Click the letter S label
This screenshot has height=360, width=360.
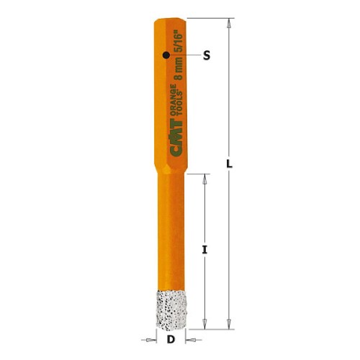point(206,55)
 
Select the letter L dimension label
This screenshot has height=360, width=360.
point(229,163)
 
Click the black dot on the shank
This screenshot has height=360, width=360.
point(166,55)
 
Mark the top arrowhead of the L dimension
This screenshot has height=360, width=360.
point(229,23)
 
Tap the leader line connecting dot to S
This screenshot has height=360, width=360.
point(184,55)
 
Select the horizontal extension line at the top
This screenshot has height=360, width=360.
point(209,18)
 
